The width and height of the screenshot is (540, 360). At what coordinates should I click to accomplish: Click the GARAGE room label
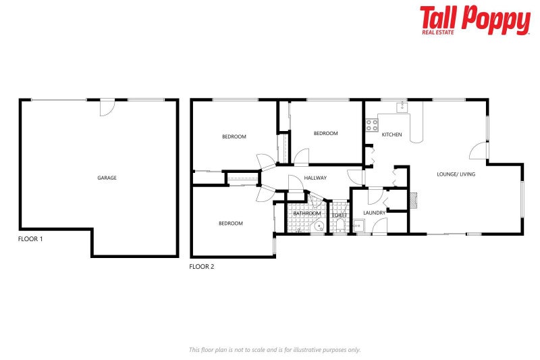click(107, 178)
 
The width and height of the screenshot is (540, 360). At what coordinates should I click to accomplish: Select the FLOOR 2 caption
click(201, 267)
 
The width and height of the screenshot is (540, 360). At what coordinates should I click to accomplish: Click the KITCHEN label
click(391, 135)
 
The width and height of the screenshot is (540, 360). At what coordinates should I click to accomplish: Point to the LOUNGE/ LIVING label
click(456, 174)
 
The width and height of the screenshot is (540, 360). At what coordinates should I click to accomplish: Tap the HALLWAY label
click(315, 178)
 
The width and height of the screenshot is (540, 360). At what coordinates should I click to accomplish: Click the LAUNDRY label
click(374, 213)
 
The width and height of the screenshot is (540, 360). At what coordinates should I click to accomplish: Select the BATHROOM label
click(306, 213)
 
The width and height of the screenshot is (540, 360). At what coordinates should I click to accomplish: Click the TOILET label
click(339, 215)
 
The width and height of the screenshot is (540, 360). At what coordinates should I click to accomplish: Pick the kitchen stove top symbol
click(371, 124)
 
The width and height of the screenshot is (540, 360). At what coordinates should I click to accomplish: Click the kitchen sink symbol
click(402, 106)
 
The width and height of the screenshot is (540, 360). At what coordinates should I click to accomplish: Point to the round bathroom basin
click(318, 228)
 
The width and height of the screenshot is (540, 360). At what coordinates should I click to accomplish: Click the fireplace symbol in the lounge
click(414, 199)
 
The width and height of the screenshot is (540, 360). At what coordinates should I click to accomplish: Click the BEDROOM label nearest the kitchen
click(325, 134)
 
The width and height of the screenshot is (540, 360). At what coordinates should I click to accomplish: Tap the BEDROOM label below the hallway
click(230, 224)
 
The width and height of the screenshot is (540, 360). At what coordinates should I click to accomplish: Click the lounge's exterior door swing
click(479, 151)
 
